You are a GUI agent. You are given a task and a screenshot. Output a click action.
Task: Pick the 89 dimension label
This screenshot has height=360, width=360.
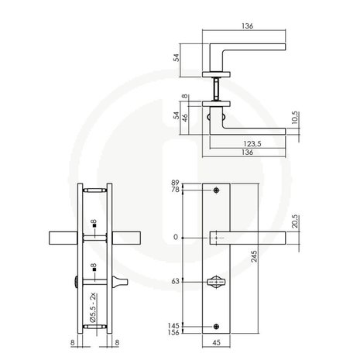pyautogui.click(x=175, y=183)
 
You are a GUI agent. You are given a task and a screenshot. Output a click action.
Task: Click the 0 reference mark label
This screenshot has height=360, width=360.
pyautogui.click(x=177, y=237)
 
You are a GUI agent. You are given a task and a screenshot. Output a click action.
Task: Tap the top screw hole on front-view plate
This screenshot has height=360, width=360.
pyautogui.click(x=216, y=190)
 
